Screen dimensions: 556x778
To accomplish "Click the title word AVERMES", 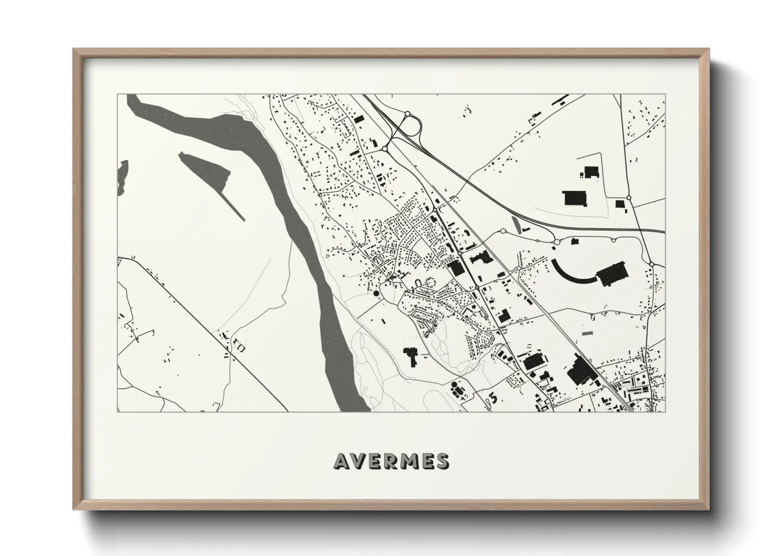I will pyautogui.click(x=391, y=461).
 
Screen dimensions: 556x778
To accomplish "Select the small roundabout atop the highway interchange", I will pyautogui.click(x=407, y=113).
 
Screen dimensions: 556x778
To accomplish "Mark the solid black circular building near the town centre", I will pyautogui.click(x=376, y=293).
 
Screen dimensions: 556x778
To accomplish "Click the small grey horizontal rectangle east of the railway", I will pyautogui.click(x=587, y=333).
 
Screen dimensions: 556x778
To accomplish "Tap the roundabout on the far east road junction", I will pyautogui.click(x=651, y=263).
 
